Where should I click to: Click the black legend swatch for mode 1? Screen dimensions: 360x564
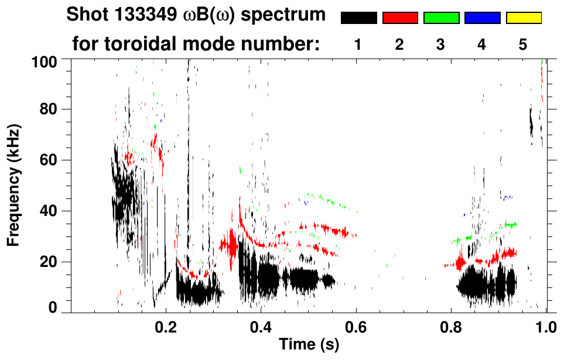click(x=358, y=18)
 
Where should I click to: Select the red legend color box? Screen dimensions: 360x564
click(x=400, y=18)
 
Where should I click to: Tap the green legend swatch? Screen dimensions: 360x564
click(x=441, y=18)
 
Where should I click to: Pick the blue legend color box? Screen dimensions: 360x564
click(x=482, y=18)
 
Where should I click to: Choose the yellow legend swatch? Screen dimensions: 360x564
click(x=523, y=18)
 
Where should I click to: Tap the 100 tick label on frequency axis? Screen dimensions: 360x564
click(x=45, y=60)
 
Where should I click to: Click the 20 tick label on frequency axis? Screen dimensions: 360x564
click(x=49, y=262)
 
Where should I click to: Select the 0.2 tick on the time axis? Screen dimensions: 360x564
click(x=166, y=325)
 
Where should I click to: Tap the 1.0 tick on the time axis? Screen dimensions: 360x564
click(x=546, y=325)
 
